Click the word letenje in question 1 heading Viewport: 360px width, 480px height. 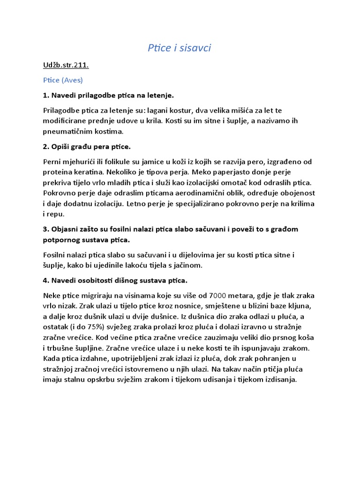click(x=158, y=96)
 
